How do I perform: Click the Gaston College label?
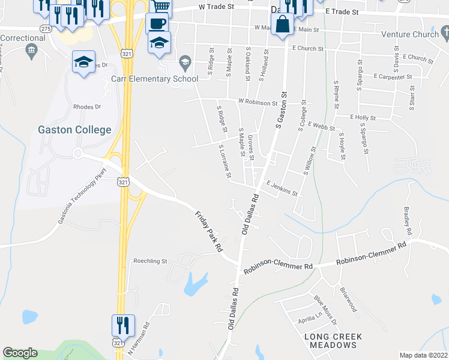(x=74, y=130)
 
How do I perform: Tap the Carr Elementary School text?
(x=155, y=79)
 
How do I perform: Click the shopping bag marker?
(x=282, y=26)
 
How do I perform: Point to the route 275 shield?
(x=46, y=28)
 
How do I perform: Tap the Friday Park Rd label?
(x=209, y=230)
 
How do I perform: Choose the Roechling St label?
(x=150, y=261)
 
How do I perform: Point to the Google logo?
(x=20, y=353)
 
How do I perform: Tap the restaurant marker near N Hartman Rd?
(x=123, y=326)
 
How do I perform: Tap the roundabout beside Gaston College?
(x=77, y=153)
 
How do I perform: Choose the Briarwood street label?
(x=348, y=298)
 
